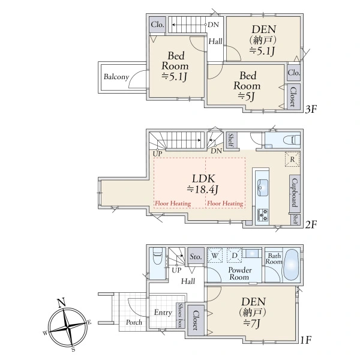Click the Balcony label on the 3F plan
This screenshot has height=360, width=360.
[116, 77]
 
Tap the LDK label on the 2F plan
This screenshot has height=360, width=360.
[203, 179]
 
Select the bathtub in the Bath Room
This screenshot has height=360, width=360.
[291, 265]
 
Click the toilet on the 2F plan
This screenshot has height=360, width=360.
[292, 140]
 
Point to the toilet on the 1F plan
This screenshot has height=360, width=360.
[157, 256]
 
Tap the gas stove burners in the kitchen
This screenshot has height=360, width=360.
[262, 215]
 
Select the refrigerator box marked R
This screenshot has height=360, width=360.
[292, 159]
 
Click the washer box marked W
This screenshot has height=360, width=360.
[215, 256]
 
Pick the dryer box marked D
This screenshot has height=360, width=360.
[235, 256]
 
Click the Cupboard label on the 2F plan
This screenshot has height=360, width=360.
[295, 193]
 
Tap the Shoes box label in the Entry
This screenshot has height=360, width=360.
[181, 316]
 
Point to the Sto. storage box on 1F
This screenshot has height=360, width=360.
[196, 256]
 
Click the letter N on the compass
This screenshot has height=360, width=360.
[61, 303]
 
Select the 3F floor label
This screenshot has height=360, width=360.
[311, 109]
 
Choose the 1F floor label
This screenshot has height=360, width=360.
[306, 340]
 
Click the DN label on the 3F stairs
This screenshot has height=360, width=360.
[213, 25]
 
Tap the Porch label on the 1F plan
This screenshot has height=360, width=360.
[134, 322]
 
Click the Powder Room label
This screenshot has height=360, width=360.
[239, 274]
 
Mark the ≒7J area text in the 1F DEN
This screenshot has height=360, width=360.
[252, 324]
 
